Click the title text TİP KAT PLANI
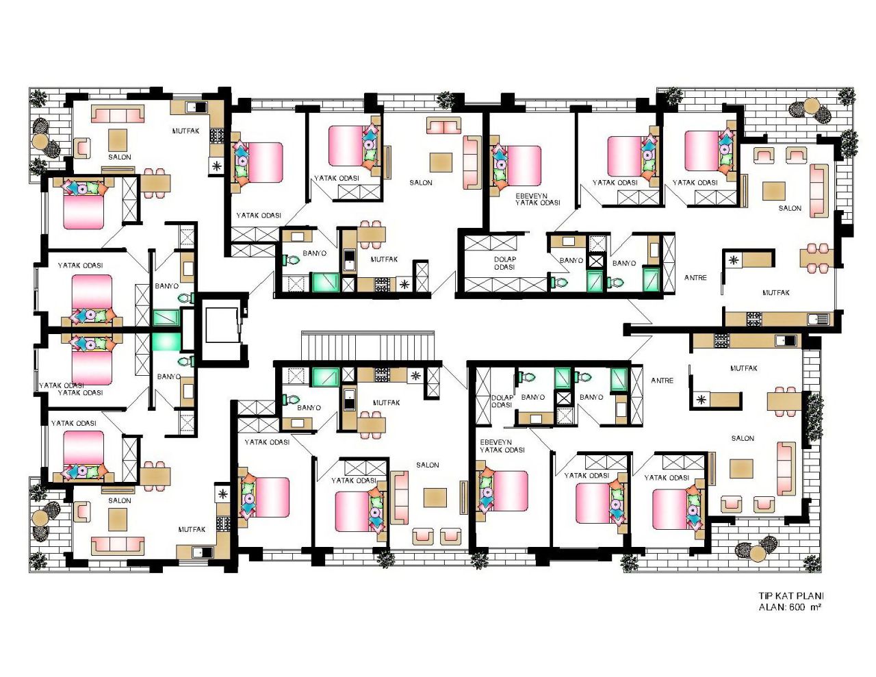tap(790, 596)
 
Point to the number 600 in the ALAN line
tap(797, 607)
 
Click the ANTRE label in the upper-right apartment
tap(695, 277)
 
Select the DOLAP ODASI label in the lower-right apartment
tap(502, 401)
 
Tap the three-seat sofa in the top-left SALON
tap(118, 114)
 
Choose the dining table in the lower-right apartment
tap(784, 401)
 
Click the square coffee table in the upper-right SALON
tap(774, 190)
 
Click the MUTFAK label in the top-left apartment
tap(185, 131)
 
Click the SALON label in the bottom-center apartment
tap(428, 465)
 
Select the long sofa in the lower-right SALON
tap(786, 468)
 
